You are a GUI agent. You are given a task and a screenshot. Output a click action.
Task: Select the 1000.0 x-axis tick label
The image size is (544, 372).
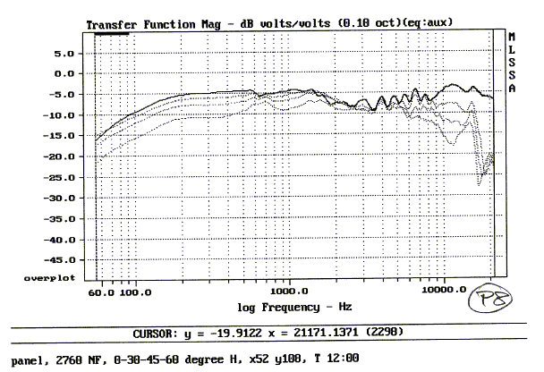tap(288, 292)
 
